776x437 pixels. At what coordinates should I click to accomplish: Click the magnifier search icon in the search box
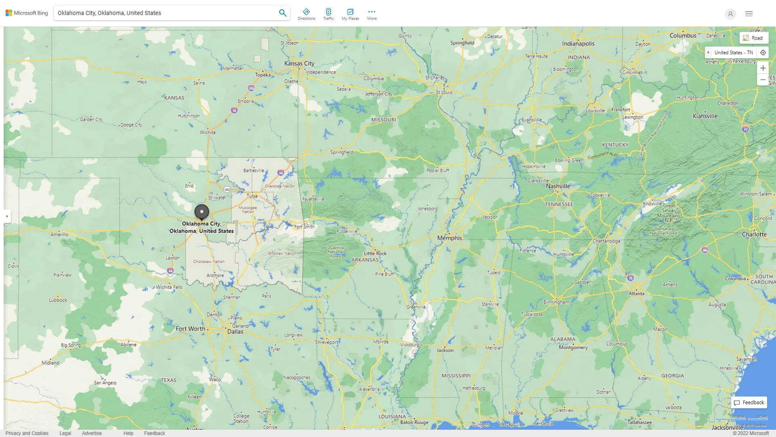pyautogui.click(x=283, y=13)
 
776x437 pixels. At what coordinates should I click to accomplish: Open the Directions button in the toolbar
pyautogui.click(x=306, y=14)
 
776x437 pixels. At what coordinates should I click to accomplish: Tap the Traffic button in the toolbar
pyautogui.click(x=328, y=14)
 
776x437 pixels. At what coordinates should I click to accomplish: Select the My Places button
pyautogui.click(x=350, y=14)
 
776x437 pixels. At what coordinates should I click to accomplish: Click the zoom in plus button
pyautogui.click(x=763, y=68)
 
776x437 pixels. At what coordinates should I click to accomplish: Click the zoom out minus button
pyautogui.click(x=763, y=80)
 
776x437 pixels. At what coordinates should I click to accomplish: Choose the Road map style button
pyautogui.click(x=753, y=38)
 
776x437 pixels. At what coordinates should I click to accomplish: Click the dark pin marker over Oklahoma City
pyautogui.click(x=202, y=212)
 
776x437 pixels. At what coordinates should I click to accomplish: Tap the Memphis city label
pyautogui.click(x=449, y=238)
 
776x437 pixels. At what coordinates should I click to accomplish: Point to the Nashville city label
pyautogui.click(x=558, y=186)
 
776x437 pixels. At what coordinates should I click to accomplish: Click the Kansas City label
pyautogui.click(x=299, y=64)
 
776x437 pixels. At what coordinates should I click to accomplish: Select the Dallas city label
pyautogui.click(x=235, y=332)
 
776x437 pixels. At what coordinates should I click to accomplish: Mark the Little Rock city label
pyautogui.click(x=375, y=253)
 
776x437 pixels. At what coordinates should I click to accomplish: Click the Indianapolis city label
pyautogui.click(x=578, y=44)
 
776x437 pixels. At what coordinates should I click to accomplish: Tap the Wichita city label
pyautogui.click(x=207, y=132)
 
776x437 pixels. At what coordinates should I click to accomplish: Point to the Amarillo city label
pyautogui.click(x=59, y=235)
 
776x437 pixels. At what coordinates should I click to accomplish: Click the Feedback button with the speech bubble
pyautogui.click(x=749, y=403)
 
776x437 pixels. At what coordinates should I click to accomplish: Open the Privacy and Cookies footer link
pyautogui.click(x=27, y=433)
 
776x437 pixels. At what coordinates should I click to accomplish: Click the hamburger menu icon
pyautogui.click(x=749, y=14)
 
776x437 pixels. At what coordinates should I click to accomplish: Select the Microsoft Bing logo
pyautogui.click(x=27, y=13)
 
